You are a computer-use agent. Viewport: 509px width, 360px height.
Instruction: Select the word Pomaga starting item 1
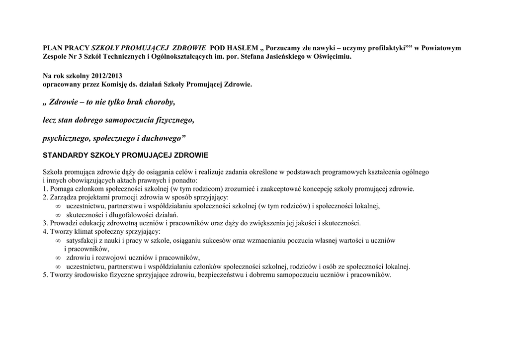coord(61,189)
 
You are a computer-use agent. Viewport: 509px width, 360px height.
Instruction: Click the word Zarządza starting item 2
coord(63,197)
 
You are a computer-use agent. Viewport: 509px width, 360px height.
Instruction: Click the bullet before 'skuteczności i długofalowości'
coord(58,215)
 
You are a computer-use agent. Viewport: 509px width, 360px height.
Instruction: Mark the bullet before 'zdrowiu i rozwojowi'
coord(58,258)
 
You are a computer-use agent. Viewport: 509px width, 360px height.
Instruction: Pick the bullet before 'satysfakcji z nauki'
coord(58,241)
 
